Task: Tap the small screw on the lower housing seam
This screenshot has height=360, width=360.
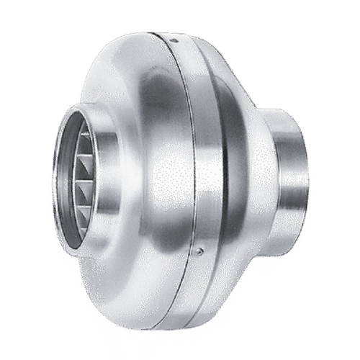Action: [201, 251]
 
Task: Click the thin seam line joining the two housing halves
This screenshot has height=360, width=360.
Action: [196, 144]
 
